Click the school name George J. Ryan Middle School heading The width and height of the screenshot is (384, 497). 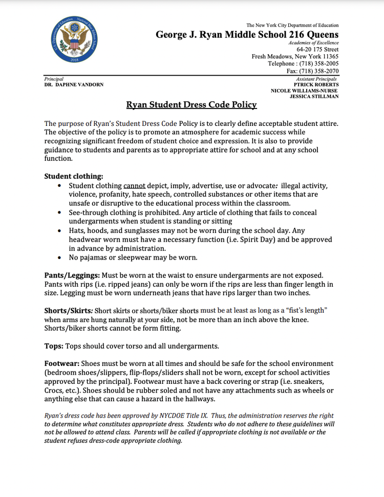pos(247,34)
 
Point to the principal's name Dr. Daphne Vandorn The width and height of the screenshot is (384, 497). pos(74,84)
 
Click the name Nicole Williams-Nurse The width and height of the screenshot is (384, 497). pos(305,90)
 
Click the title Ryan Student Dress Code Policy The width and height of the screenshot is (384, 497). pos(191,105)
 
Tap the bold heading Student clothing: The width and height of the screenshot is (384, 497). pos(74,176)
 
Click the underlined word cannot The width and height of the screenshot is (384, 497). pos(135,185)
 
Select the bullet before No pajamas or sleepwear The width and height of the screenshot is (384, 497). pos(61,257)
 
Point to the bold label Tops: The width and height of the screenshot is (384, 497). pos(54,346)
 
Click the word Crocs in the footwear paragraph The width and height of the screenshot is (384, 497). pos(55,391)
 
